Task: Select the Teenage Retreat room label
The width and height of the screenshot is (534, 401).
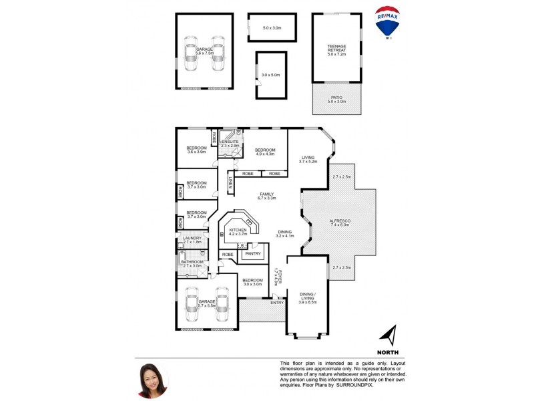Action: click(336, 48)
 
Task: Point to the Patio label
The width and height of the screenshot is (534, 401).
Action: click(336, 99)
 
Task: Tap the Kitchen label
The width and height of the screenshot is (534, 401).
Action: click(238, 232)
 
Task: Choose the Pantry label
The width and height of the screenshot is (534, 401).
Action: click(252, 254)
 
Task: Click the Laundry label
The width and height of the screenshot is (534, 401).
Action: click(192, 240)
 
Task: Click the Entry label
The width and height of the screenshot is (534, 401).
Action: click(277, 302)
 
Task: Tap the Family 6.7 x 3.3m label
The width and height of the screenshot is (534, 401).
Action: click(266, 196)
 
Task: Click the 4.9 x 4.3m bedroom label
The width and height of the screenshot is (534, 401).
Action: click(265, 152)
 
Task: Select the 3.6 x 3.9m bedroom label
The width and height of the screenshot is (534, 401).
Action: click(196, 149)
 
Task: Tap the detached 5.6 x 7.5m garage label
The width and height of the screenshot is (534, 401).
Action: click(204, 51)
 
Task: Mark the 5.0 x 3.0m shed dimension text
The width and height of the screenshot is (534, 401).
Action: click(272, 28)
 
